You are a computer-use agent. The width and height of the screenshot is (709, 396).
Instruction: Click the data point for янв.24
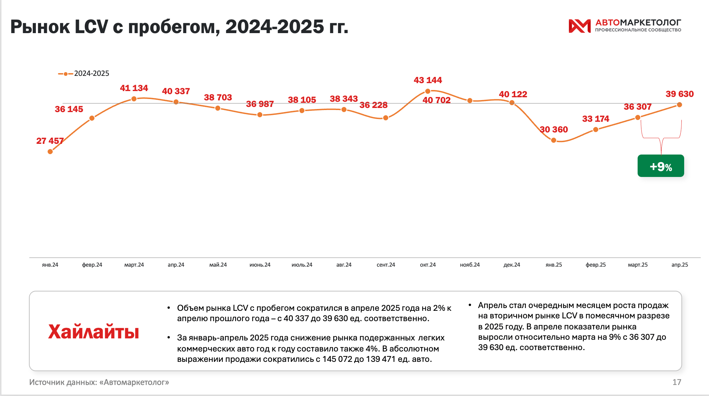coord(50,151)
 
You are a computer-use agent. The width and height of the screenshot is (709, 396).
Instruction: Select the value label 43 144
coord(428,80)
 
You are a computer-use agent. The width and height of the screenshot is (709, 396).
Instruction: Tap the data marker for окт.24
coord(428,91)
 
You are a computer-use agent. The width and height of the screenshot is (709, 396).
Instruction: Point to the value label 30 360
coord(554,129)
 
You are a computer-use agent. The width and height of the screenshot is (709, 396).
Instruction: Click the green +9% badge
coord(660,166)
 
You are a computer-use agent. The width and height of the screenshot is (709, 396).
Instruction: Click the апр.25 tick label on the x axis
coord(679,265)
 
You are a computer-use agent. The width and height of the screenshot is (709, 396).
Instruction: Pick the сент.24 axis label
coord(386,265)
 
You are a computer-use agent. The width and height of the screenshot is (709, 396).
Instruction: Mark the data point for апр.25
coord(679,105)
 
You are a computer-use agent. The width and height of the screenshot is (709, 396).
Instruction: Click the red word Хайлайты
coord(93,332)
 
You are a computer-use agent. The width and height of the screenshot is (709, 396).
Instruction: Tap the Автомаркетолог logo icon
coord(579,26)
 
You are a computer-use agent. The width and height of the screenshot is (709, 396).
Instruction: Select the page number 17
coord(677,382)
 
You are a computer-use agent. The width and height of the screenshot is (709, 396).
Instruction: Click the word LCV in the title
coord(91,27)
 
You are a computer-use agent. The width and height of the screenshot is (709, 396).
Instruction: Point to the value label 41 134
coord(134,88)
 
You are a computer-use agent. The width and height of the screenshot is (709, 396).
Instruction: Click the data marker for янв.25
coord(553,140)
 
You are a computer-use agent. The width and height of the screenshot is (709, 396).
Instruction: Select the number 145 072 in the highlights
coord(337,359)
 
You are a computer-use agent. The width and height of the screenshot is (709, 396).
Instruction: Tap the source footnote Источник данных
coord(99,382)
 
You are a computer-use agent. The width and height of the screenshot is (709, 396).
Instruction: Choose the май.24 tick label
coord(218,265)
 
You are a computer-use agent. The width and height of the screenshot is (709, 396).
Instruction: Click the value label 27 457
coord(50,141)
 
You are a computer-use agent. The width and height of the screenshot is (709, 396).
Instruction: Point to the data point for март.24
coord(134,99)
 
